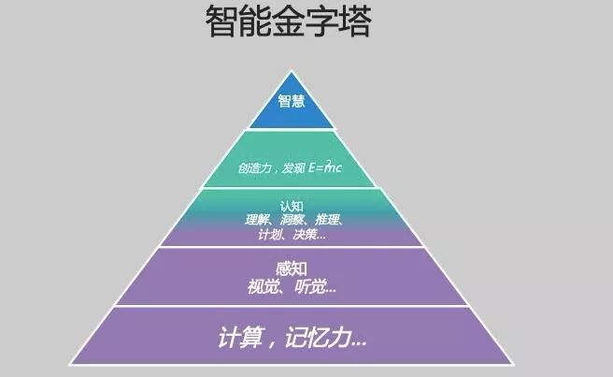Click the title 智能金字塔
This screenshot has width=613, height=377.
pos(288,22)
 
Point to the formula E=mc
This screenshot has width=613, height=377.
pos(325,167)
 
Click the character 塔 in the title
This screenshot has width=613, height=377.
pos(355,22)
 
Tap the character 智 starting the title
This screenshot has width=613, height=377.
pos(221,22)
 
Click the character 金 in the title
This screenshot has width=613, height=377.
pos(288,22)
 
